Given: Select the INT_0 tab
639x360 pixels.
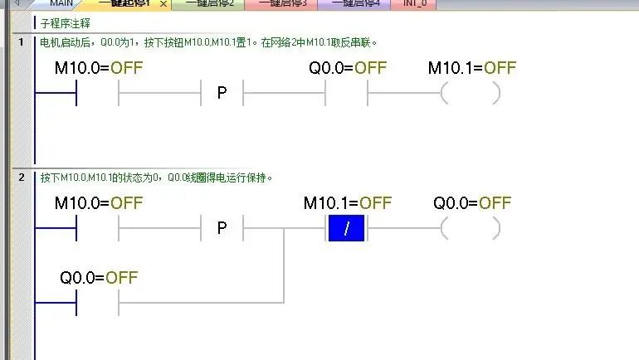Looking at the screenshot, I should pyautogui.click(x=414, y=4).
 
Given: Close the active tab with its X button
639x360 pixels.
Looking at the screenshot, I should pyautogui.click(x=163, y=5).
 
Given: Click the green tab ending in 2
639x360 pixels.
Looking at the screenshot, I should pyautogui.click(x=209, y=4).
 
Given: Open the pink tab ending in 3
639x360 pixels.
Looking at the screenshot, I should pyautogui.click(x=282, y=4).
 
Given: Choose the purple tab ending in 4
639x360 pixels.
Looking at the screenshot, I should pyautogui.click(x=355, y=4).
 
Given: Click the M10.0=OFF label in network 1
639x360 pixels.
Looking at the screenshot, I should pyautogui.click(x=98, y=68).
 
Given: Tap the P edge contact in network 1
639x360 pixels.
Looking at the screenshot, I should pyautogui.click(x=222, y=93).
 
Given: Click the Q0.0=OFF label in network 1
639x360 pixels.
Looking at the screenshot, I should pyautogui.click(x=348, y=68).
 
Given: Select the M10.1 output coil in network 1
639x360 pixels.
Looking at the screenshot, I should pyautogui.click(x=470, y=93).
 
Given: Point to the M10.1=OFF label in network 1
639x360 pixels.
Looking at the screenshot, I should pyautogui.click(x=472, y=68).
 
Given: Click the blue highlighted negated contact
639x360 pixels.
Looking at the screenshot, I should pyautogui.click(x=346, y=228).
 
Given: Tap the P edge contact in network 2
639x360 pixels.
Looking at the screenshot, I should pyautogui.click(x=222, y=228).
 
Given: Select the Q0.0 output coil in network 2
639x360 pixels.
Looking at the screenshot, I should pyautogui.click(x=470, y=228).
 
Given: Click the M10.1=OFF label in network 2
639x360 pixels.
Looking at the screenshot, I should pyautogui.click(x=348, y=203).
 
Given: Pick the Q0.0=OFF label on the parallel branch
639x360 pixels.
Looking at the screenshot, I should pyautogui.click(x=99, y=278).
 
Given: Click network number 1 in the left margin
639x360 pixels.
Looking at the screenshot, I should pyautogui.click(x=20, y=41).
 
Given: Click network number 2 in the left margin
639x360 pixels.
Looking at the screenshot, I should pyautogui.click(x=20, y=178).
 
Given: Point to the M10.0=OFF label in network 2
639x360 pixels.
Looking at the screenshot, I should pyautogui.click(x=98, y=203).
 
